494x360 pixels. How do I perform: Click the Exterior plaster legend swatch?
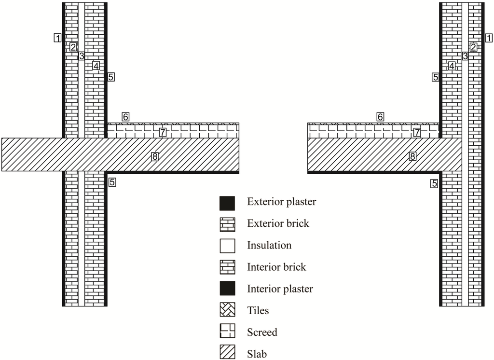coord(227,203)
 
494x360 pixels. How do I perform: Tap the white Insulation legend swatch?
coord(227,246)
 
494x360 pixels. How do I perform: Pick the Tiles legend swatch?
coord(227,310)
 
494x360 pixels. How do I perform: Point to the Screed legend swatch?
coord(227,332)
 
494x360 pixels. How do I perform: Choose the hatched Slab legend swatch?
coord(227,353)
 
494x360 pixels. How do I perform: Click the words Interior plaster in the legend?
coord(280,289)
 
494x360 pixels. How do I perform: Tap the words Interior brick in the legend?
coord(276,267)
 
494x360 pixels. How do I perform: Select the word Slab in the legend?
coord(257,354)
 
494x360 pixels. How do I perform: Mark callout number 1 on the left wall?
coord(58,38)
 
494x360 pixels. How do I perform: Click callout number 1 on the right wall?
coord(488,38)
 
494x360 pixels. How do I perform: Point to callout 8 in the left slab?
coord(154,156)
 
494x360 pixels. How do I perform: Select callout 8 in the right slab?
coord(412,156)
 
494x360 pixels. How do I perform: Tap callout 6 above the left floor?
coord(125,117)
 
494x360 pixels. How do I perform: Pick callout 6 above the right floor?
coord(380,117)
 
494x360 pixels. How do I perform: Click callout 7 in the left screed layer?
coord(163,132)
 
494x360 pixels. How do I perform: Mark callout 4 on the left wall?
coord(96,66)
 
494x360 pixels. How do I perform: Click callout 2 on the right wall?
coord(473,47)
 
